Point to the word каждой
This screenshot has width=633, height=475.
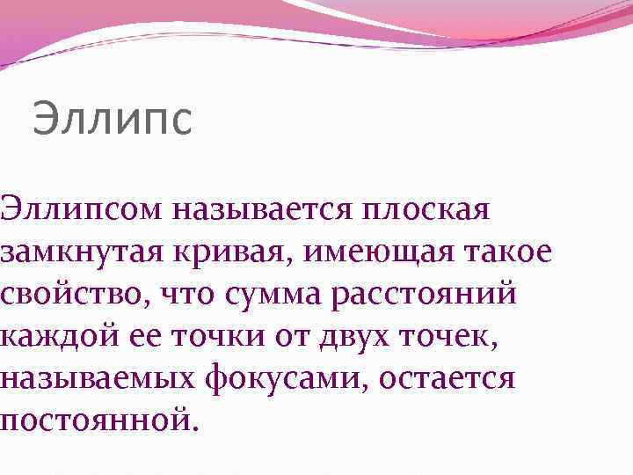point(51,337)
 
